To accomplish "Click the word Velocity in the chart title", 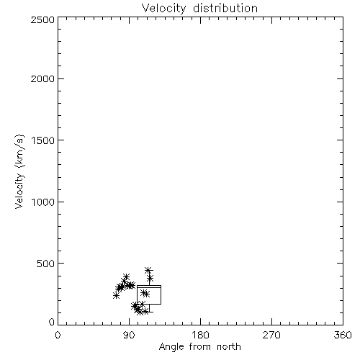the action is coord(163,9).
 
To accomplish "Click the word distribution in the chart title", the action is coord(225,8).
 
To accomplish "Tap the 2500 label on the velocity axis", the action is coord(42,19).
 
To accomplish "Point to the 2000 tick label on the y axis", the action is coord(42,78).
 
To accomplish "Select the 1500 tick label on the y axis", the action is coord(43,140).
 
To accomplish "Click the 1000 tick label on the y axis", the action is coord(43,202).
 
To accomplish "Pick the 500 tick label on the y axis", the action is coord(46,264).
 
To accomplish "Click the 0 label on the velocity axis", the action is coord(52,322).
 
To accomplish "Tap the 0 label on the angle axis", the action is coord(58,335).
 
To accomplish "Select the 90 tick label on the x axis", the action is coord(129,335).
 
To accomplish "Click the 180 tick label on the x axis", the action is coord(200,335).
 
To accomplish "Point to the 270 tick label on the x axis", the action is coord(271,335).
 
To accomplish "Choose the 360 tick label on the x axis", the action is coord(343,335).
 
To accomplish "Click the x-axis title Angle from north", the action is coord(200,347).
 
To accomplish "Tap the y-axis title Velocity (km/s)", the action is coord(19,171).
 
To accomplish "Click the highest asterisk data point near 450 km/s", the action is coord(148,270).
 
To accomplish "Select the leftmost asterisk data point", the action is coord(116,296).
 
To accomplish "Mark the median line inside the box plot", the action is coord(149,287).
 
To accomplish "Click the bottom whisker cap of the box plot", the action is coord(149,312).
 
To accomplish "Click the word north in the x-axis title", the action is coord(229,347).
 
